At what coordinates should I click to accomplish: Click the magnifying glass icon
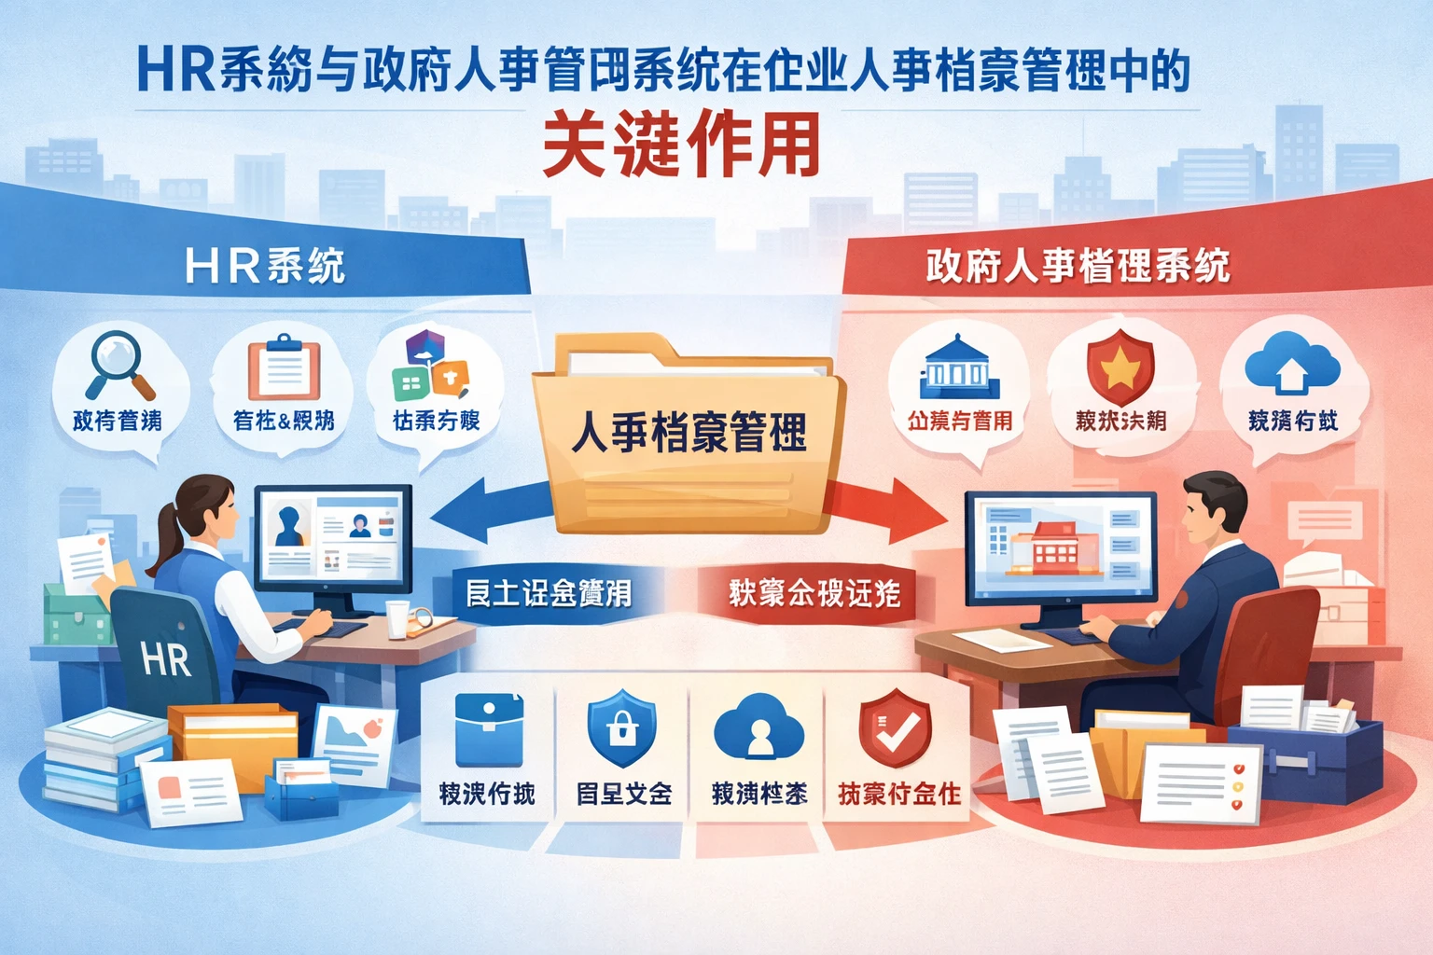click(118, 366)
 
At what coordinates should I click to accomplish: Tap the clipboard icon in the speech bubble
click(283, 369)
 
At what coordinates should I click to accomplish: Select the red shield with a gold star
click(1120, 367)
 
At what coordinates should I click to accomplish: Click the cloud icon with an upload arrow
click(1292, 366)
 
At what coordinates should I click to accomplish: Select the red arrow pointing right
click(886, 509)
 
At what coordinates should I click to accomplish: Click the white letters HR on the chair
click(166, 658)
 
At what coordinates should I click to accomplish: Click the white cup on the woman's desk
click(397, 618)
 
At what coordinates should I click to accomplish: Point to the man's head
click(1214, 511)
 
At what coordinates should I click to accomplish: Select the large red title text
click(681, 145)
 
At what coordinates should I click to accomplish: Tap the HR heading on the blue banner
click(265, 266)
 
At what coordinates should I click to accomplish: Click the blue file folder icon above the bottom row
click(488, 729)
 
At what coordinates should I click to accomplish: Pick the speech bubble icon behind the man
click(1325, 522)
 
